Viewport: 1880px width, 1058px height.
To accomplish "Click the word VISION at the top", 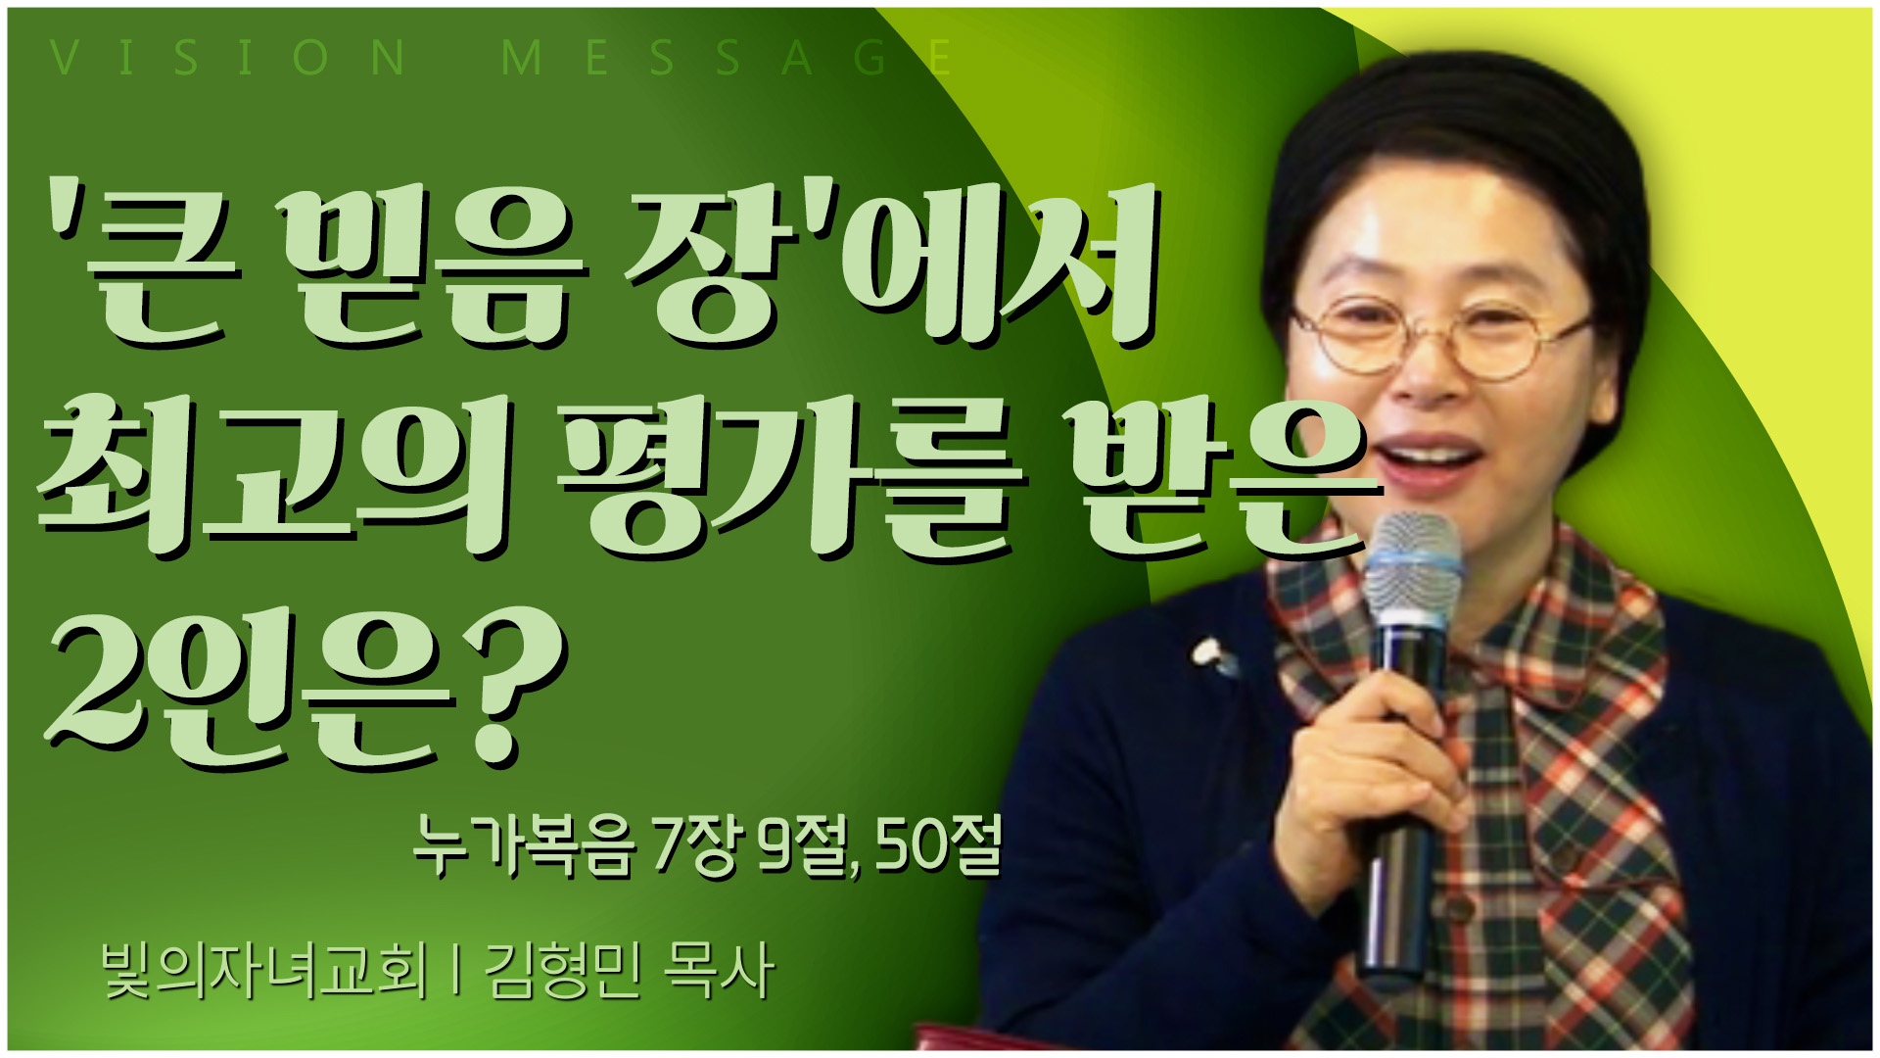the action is tap(227, 58).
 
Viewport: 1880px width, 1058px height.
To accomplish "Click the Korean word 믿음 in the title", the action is tap(431, 269).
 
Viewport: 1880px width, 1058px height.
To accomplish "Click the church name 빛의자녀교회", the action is tap(264, 971).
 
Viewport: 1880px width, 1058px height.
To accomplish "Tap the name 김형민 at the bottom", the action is tap(563, 971).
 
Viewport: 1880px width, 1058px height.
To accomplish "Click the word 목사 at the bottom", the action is tap(719, 971).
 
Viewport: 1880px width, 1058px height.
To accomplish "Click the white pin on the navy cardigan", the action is tap(1211, 654).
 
